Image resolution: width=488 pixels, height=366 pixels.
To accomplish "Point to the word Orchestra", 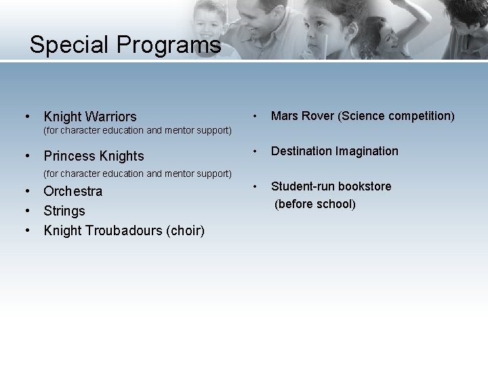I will coord(73,191).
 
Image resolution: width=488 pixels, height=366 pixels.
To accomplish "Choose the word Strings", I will coord(64,211).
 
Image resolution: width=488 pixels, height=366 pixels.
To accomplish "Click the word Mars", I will coord(285,116).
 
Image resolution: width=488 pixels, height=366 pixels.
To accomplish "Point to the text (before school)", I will coord(314,203).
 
